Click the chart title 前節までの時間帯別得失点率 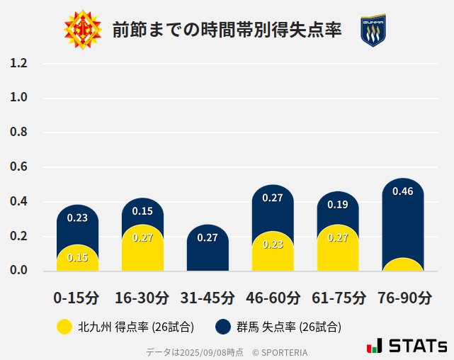(x=227, y=30)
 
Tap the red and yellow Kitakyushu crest (x=82, y=30)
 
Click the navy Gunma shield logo (x=373, y=30)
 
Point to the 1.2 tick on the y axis (x=18, y=63)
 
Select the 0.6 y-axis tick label (x=18, y=167)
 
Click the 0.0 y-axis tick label (x=18, y=270)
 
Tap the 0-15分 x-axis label (x=77, y=298)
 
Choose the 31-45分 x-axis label (x=208, y=298)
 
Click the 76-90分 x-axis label (x=403, y=298)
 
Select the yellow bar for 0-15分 (x=77, y=258)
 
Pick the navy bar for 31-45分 (x=208, y=248)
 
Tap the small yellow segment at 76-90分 (x=403, y=265)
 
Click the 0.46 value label (x=403, y=191)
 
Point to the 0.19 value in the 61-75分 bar (x=338, y=205)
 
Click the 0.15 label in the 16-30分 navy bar (x=142, y=210)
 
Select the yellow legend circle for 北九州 (x=64, y=327)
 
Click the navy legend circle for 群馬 (x=224, y=327)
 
